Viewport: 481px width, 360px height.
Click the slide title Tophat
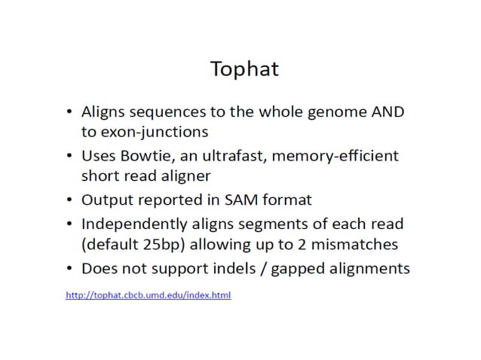[245, 69]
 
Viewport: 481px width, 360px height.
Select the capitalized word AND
[388, 111]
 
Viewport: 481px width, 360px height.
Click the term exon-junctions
[143, 131]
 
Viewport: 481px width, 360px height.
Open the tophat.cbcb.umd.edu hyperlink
[149, 295]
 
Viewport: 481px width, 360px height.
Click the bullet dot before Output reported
[69, 201]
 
